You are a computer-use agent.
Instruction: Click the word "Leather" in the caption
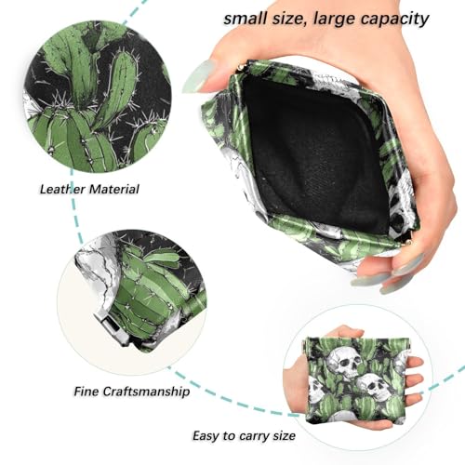(x=63, y=189)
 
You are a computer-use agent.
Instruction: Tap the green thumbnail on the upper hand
(x=197, y=76)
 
